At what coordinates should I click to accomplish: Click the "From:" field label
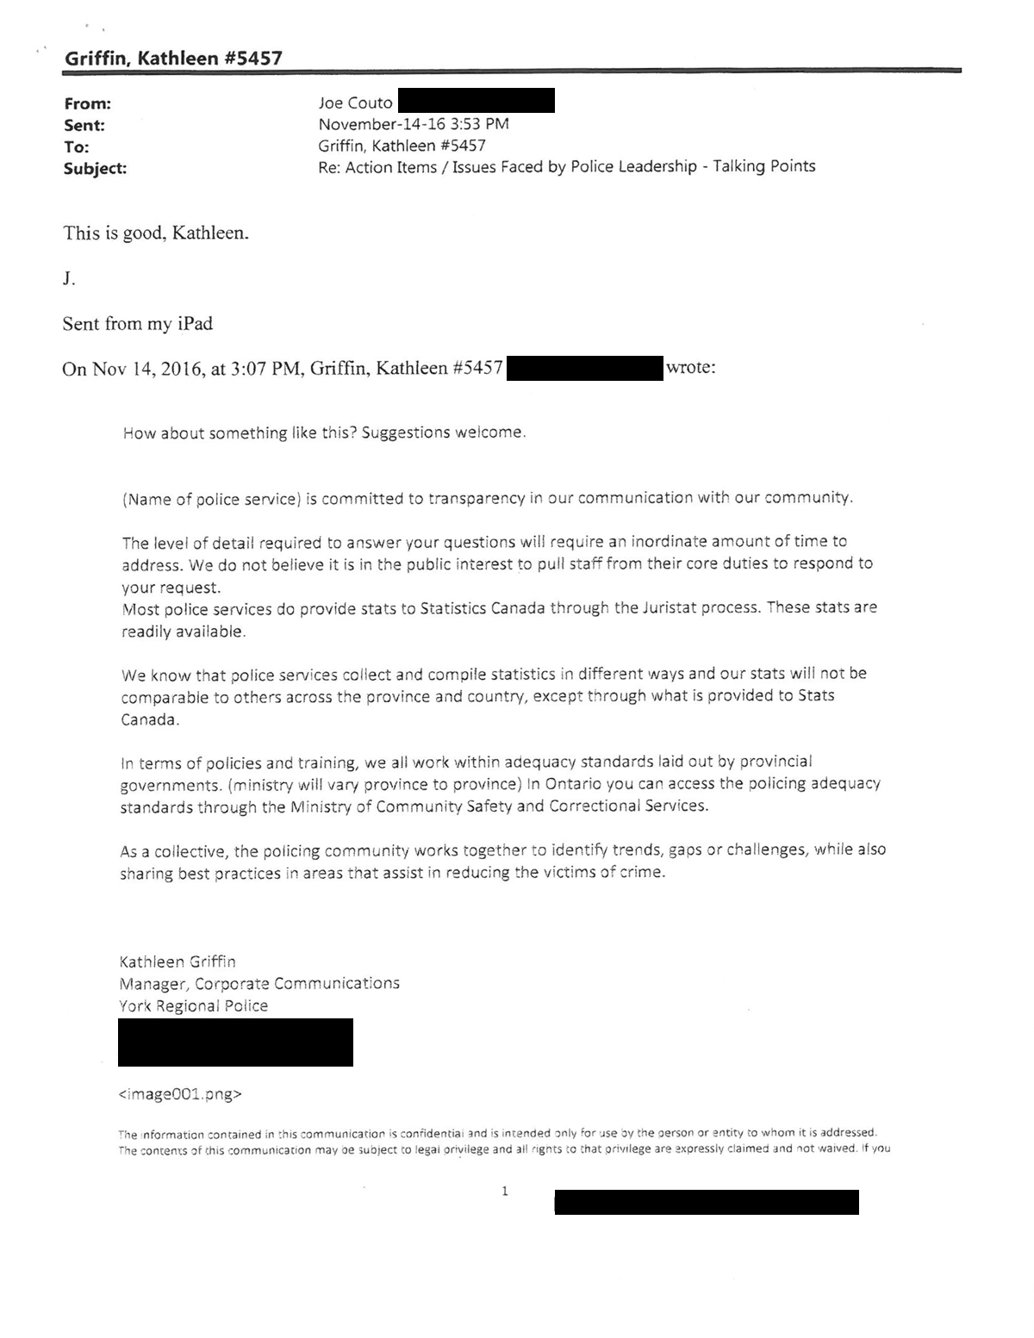click(87, 104)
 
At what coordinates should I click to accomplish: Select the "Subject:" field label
click(95, 169)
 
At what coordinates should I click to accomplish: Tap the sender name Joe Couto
click(355, 103)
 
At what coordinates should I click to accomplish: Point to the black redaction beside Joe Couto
click(476, 101)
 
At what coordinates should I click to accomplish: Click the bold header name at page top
click(172, 59)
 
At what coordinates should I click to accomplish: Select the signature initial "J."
click(69, 279)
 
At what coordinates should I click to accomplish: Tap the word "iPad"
click(195, 324)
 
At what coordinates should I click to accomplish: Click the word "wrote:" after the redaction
click(690, 368)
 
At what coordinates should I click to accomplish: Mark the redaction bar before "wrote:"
click(584, 369)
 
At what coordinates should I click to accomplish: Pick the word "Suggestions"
click(399, 433)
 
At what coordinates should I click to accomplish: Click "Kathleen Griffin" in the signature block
click(177, 961)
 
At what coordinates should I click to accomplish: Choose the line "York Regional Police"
click(193, 1006)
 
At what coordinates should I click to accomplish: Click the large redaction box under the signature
click(235, 1042)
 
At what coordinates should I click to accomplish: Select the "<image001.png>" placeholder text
click(179, 1095)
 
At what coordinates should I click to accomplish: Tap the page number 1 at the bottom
click(505, 1192)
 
